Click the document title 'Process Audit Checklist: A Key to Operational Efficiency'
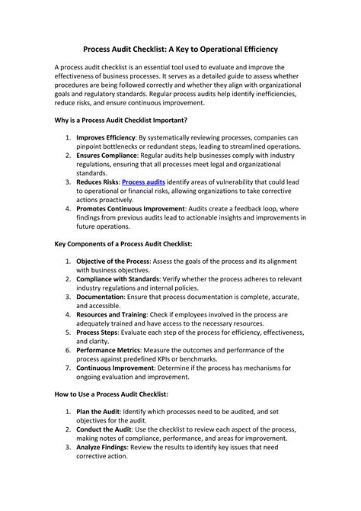coord(180,47)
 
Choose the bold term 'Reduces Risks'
coord(97,182)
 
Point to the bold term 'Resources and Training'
coord(113,314)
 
